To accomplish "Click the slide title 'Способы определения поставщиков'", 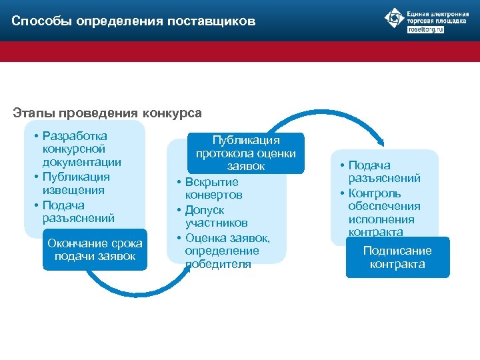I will [133, 21].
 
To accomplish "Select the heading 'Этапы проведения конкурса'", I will [107, 113].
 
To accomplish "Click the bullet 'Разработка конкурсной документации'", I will [81, 149].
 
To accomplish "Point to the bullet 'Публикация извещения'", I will [77, 183].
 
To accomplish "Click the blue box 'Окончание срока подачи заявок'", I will [95, 250].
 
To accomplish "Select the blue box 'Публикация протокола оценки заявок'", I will [246, 153].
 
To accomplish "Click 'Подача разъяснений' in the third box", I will [384, 171].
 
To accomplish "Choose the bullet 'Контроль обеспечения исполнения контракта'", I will [384, 213].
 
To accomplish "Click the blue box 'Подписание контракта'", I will [397, 257].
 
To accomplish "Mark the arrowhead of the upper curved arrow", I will [381, 142].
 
